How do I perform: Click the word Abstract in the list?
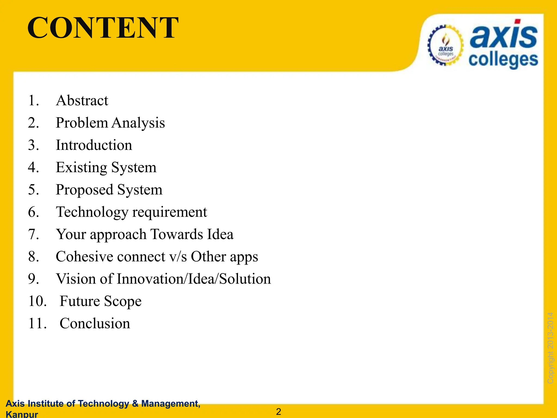tap(82, 100)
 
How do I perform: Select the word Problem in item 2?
tap(82, 123)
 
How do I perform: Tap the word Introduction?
tap(94, 145)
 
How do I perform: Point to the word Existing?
tap(81, 167)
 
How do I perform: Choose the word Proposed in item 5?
tap(84, 190)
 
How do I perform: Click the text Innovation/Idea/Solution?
tap(194, 279)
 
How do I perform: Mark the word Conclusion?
tap(95, 324)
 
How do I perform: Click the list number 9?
tap(33, 279)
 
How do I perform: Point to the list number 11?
tap(37, 324)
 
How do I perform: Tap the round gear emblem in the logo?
tap(445, 45)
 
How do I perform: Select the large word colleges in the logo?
tap(503, 60)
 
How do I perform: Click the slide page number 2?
tap(278, 412)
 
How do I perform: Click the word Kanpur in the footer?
tap(22, 414)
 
